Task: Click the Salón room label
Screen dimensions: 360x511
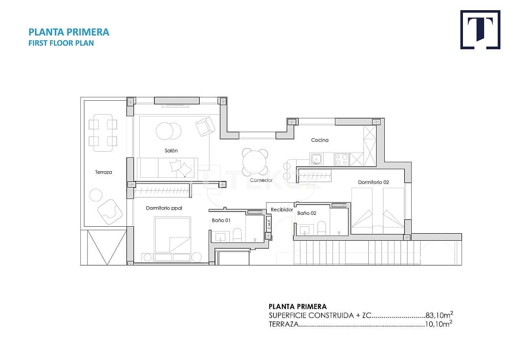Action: coord(171,150)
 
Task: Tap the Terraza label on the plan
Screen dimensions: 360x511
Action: coord(104,172)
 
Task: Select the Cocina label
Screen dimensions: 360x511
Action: coord(319,140)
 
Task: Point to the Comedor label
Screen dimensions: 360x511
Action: coord(261,180)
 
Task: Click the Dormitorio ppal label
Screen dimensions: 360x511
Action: coord(164,208)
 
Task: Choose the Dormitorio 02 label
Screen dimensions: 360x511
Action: coord(373,182)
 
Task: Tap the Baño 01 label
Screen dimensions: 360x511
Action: coord(221,221)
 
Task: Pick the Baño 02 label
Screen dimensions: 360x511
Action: coord(307,213)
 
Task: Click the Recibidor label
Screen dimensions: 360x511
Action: coord(282,210)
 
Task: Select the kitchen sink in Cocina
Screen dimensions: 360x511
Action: coord(316,159)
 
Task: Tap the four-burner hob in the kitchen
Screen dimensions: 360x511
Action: coord(341,159)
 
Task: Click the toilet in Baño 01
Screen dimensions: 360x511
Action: coord(237,234)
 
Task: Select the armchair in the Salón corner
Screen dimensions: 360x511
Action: coord(205,126)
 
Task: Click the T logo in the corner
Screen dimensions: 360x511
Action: coord(480,30)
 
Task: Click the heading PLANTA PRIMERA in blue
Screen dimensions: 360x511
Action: coord(69,32)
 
